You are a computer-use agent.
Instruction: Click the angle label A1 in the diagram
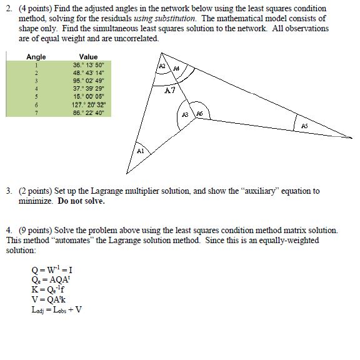pos(140,151)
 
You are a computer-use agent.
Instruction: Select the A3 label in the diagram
pos(185,115)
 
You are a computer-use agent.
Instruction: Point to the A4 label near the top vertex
pos(176,68)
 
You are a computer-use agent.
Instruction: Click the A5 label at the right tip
pos(304,126)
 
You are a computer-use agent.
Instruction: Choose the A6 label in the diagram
pos(200,114)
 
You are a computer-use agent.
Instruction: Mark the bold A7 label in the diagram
pos(170,91)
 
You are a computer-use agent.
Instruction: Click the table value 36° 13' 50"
pos(88,65)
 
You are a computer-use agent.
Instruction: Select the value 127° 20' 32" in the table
pos(88,104)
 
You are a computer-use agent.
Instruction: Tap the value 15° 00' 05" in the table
pos(88,96)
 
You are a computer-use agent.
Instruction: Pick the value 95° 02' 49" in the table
pos(88,81)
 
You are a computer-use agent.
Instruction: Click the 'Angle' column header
pos(36,57)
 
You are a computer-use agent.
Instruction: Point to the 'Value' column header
pos(88,57)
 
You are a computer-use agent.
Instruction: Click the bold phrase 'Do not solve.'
pos(81,201)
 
